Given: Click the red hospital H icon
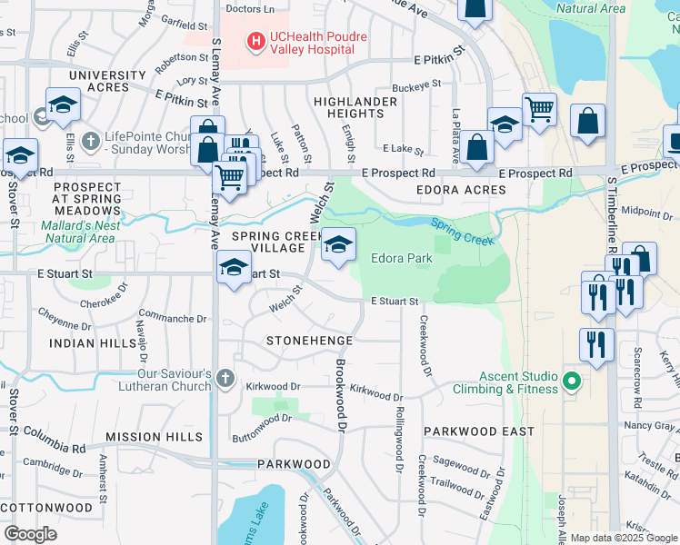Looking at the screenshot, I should (255, 40).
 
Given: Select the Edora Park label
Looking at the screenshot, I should (401, 258).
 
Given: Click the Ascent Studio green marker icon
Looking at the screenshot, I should (572, 380).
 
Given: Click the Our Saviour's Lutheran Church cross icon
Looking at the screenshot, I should (225, 379).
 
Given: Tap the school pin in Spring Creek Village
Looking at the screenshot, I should (338, 245).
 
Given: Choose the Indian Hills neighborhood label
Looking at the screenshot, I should (85, 343).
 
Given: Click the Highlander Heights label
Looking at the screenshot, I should (355, 107).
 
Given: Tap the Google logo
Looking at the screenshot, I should (31, 533).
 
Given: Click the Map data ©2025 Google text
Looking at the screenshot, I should (624, 538).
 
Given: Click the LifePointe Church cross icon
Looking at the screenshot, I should (89, 142).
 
